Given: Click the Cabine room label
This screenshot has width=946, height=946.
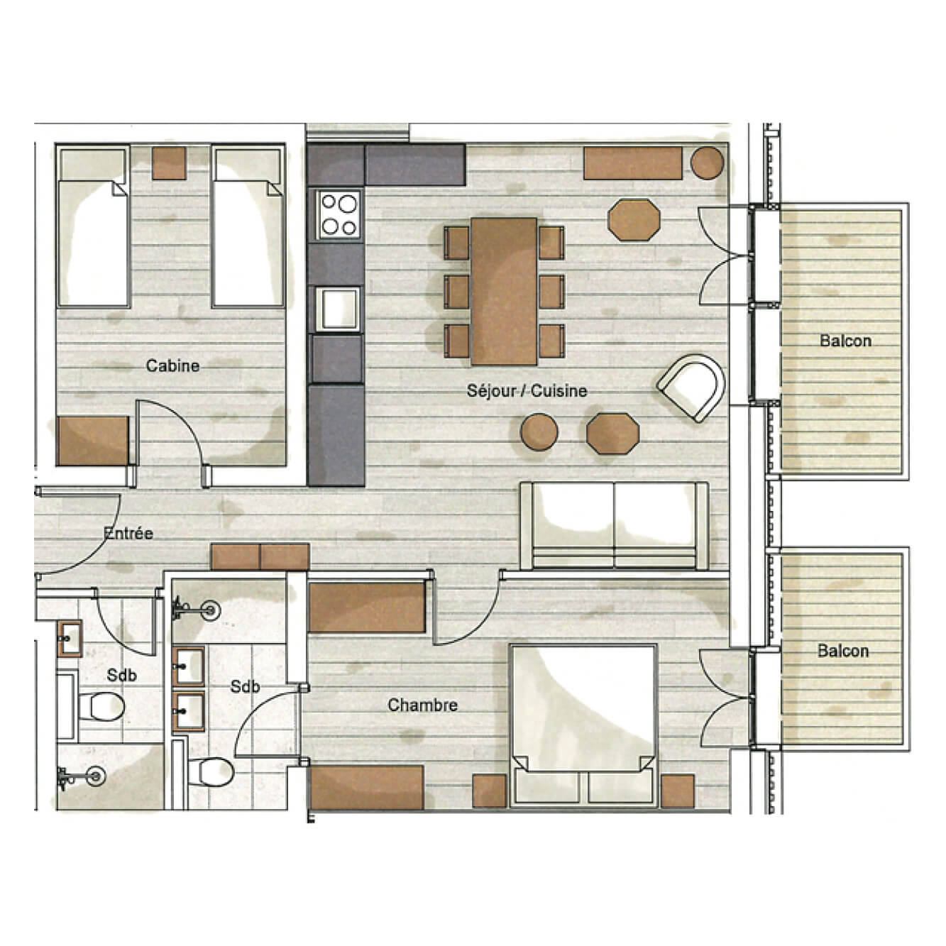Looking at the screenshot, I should pyautogui.click(x=172, y=366).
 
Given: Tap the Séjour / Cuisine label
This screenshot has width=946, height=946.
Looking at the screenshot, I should pyautogui.click(x=527, y=391).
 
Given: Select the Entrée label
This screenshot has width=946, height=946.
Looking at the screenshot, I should pyautogui.click(x=128, y=533).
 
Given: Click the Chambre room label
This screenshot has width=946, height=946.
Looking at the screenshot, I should pyautogui.click(x=422, y=705).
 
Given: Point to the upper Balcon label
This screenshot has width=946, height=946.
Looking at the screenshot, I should pyautogui.click(x=845, y=341).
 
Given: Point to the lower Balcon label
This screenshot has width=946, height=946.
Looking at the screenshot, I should pyautogui.click(x=843, y=651).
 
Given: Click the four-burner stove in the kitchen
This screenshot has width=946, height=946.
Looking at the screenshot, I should pyautogui.click(x=338, y=215).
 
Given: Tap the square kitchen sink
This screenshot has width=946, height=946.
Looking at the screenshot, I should pyautogui.click(x=338, y=309).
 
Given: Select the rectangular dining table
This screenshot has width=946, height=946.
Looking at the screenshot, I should pyautogui.click(x=504, y=291).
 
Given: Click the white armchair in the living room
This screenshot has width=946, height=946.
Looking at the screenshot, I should pyautogui.click(x=692, y=387).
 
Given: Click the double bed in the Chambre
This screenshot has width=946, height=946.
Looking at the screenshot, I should pyautogui.click(x=583, y=724).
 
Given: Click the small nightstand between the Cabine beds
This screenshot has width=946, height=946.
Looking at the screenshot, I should pyautogui.click(x=170, y=163).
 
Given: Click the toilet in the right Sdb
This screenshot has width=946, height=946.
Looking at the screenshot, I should pyautogui.click(x=211, y=772).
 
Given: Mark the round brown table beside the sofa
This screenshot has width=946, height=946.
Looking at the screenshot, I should pyautogui.click(x=539, y=431).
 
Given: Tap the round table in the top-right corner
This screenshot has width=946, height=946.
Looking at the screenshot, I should pyautogui.click(x=707, y=163).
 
